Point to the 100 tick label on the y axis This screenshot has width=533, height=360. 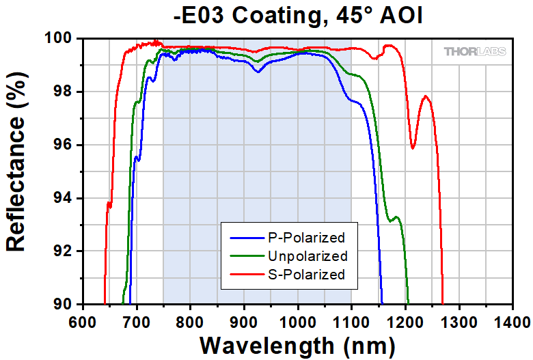pos(57,39)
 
